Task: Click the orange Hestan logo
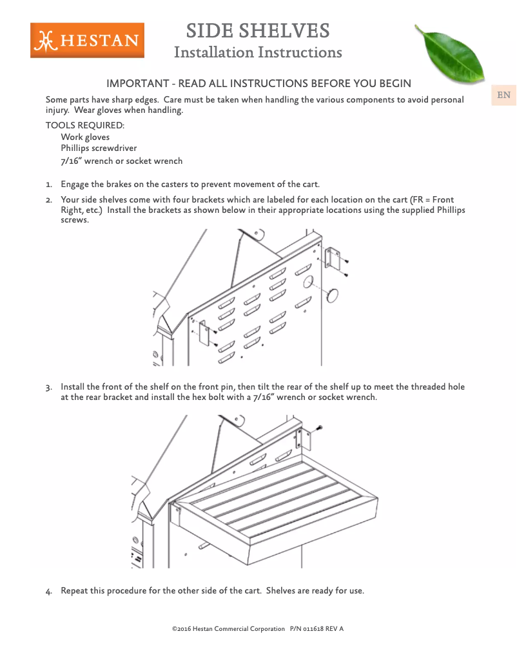87,41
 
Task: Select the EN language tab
503,95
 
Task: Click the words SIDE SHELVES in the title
258,30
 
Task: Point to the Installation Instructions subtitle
258,52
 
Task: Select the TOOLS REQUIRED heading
84,125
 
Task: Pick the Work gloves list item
85,137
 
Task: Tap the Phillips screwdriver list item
99,148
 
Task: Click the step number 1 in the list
48,185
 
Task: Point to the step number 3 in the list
48,388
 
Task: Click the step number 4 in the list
48,592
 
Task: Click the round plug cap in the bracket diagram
333,295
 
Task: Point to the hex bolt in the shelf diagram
320,428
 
